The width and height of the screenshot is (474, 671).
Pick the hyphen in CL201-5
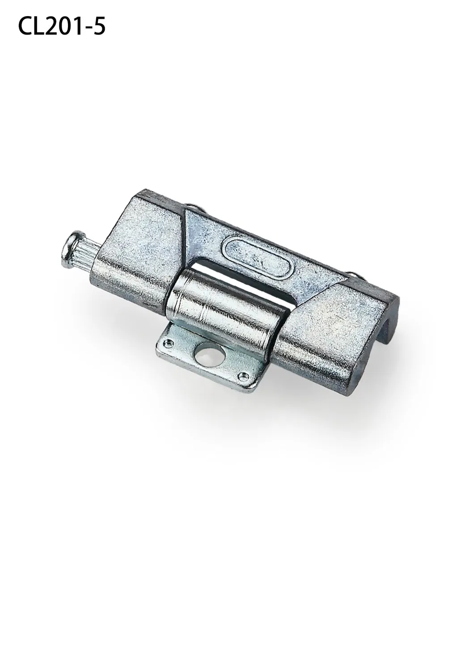[x=91, y=28]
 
